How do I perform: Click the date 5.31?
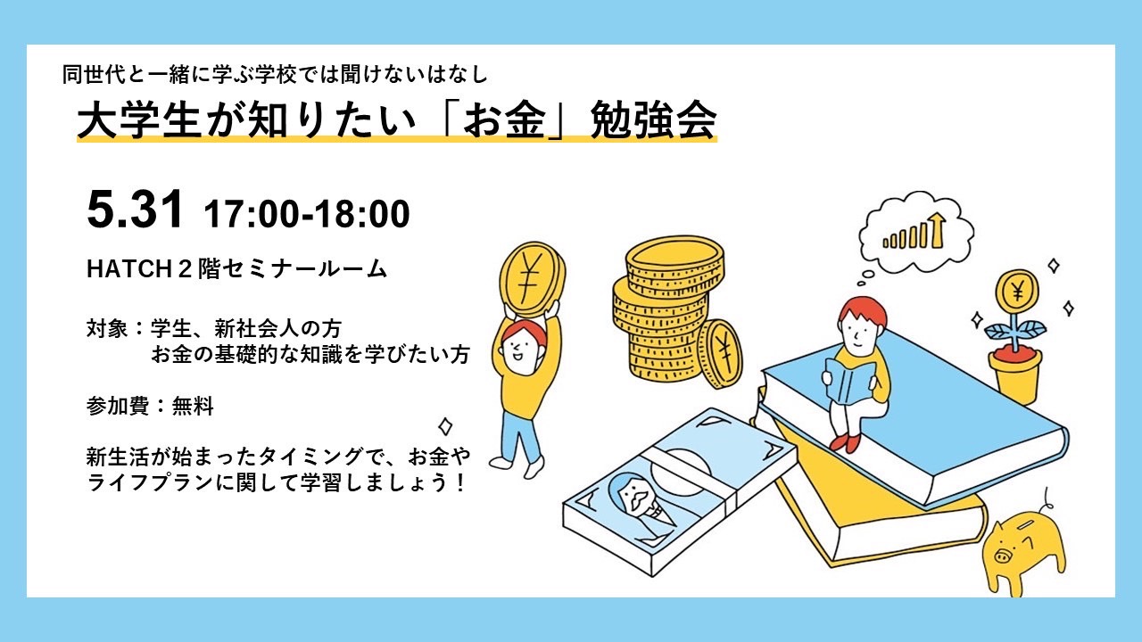135,210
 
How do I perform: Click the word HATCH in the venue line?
129,269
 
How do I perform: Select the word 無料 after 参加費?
192,406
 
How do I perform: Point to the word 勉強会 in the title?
654,120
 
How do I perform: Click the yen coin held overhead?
533,279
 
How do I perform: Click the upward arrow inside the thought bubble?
937,230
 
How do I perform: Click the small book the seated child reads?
848,381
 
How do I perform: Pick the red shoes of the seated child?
846,441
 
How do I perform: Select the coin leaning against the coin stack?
721,354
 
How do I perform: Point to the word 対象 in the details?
106,329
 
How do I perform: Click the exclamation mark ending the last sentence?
461,482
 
